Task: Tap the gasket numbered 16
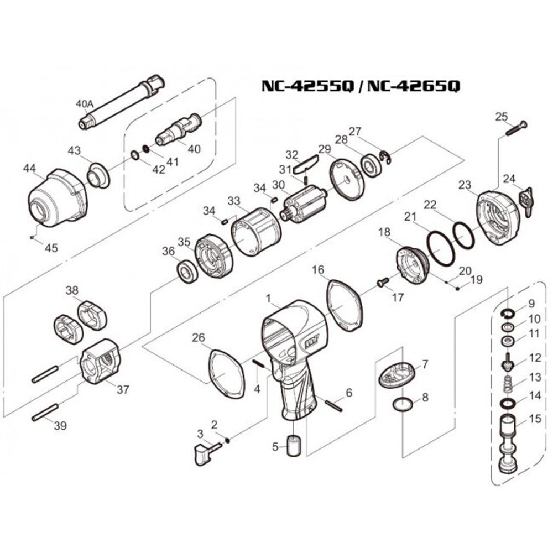point(344,305)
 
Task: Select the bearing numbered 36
point(186,273)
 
